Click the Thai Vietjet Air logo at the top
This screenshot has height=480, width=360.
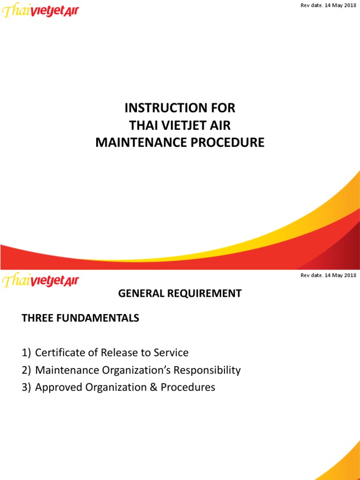pos(41,10)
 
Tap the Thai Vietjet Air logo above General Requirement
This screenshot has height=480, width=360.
pos(41,281)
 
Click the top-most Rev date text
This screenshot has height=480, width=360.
pos(328,5)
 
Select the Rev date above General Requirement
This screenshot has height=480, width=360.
pos(328,275)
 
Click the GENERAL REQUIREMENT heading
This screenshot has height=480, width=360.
pos(180,294)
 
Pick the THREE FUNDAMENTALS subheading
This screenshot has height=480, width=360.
pos(81,318)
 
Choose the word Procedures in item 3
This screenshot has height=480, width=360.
pos(188,388)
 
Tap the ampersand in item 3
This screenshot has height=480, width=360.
pos(151,388)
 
